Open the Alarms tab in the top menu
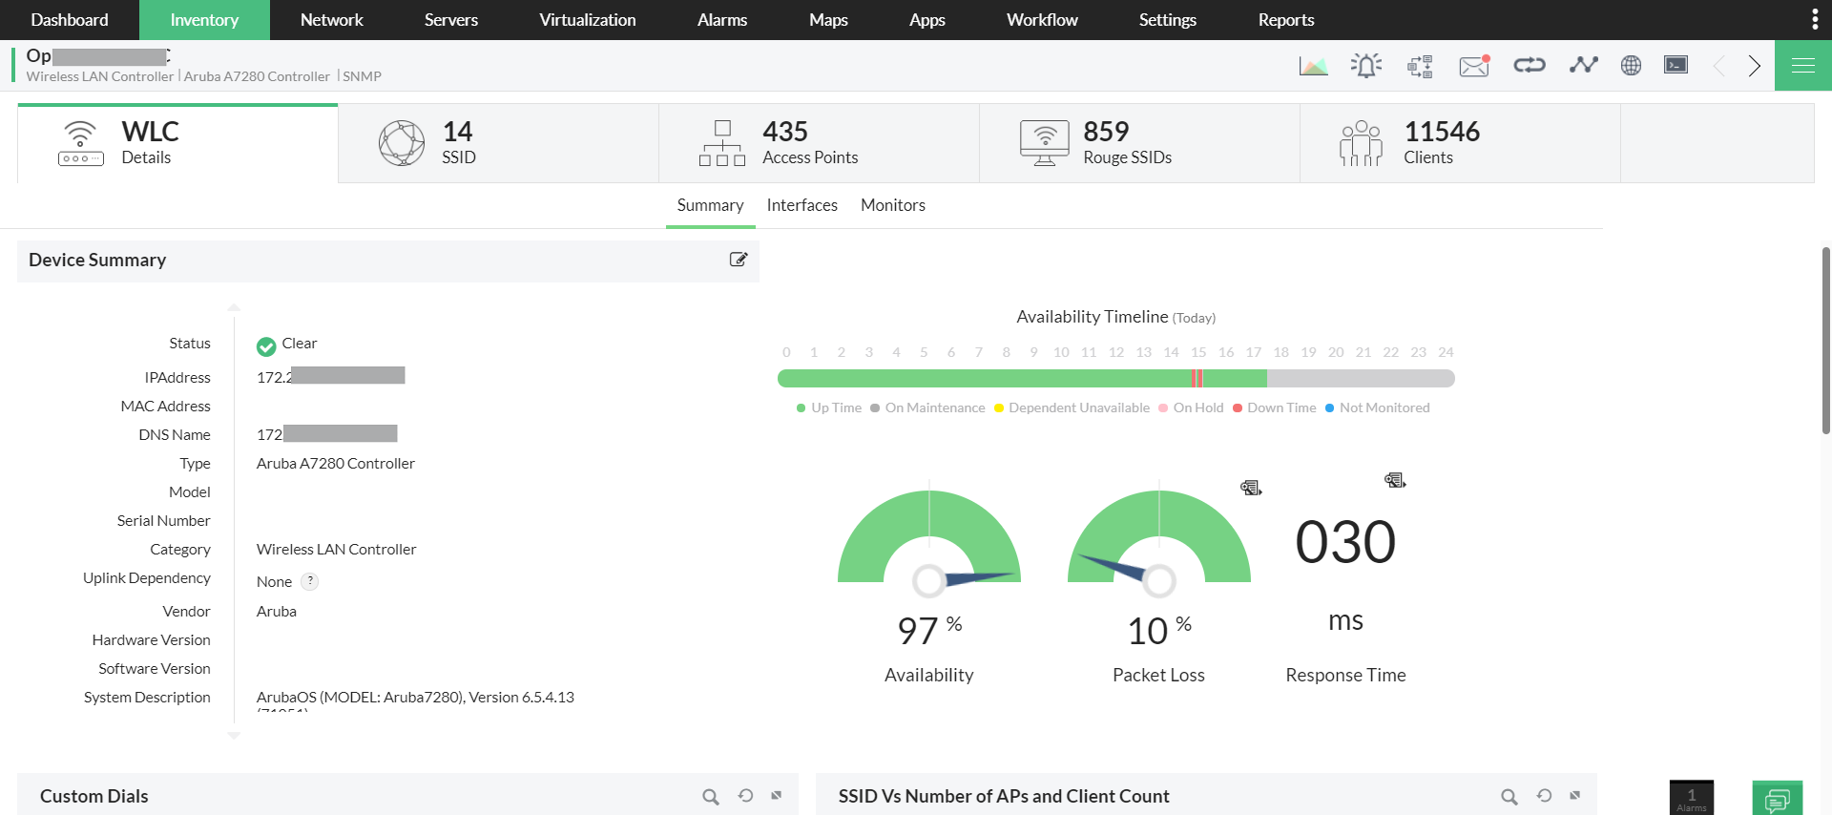(x=721, y=20)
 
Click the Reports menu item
(x=1285, y=20)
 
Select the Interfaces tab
(x=801, y=205)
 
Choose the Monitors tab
(x=892, y=205)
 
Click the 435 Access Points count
(x=785, y=132)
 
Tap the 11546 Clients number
(x=1441, y=132)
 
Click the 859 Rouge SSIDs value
(x=1106, y=132)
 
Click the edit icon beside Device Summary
(x=738, y=260)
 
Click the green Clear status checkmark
(x=266, y=345)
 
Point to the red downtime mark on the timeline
(x=1197, y=379)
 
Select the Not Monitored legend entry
(x=1384, y=407)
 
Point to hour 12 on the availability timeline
(x=1116, y=352)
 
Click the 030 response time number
(x=1345, y=542)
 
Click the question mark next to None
(x=310, y=581)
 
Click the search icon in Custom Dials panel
(x=711, y=796)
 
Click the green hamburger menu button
(x=1802, y=65)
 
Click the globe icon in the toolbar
(x=1631, y=65)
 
